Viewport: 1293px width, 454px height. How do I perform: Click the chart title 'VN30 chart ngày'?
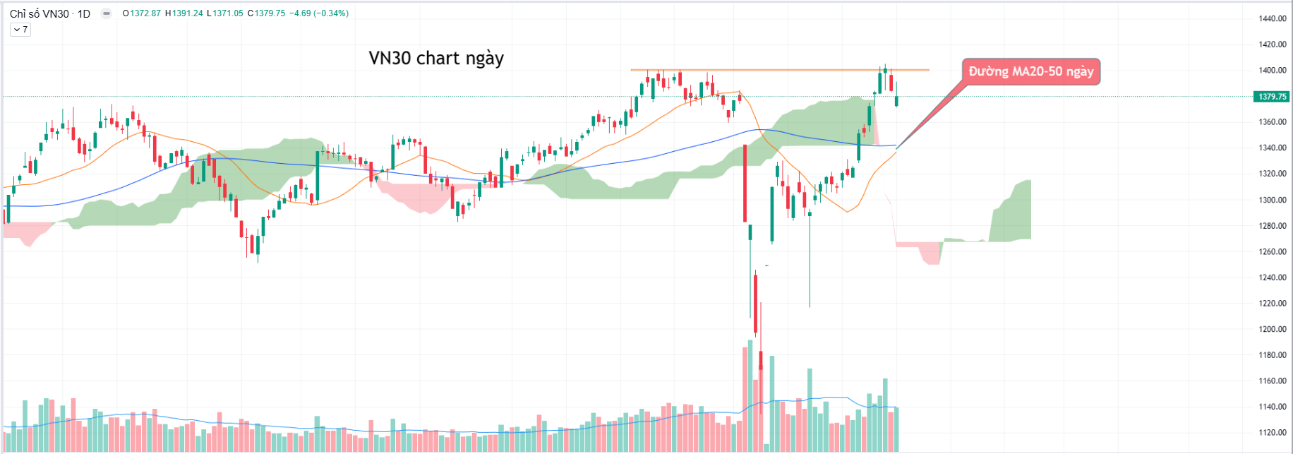[x=435, y=58]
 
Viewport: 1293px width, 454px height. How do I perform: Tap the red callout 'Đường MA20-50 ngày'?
[x=1030, y=71]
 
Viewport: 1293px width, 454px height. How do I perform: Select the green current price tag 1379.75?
[x=1272, y=97]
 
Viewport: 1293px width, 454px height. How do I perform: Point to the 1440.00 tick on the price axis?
[x=1272, y=18]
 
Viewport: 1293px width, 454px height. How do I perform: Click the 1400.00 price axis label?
[x=1272, y=71]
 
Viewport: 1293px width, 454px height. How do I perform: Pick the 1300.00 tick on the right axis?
[x=1272, y=200]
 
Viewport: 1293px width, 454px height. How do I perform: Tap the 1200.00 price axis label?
[x=1272, y=329]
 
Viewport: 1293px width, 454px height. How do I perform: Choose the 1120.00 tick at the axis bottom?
[x=1272, y=433]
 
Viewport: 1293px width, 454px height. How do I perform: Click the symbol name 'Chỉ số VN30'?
[x=38, y=13]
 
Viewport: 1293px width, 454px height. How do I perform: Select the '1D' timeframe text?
[x=84, y=13]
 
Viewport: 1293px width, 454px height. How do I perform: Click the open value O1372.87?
[x=142, y=13]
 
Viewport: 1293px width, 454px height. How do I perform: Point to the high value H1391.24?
[x=184, y=13]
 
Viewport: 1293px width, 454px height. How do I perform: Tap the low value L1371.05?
[x=225, y=13]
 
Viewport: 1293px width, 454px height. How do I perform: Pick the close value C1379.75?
[x=266, y=13]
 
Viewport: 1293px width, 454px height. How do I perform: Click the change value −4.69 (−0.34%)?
[x=319, y=13]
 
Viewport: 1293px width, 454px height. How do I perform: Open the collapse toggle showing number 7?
[x=20, y=30]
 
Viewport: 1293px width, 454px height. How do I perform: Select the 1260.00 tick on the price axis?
[x=1272, y=251]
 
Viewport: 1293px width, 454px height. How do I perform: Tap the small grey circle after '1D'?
[x=106, y=13]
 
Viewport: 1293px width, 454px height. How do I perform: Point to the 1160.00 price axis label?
[x=1272, y=381]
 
